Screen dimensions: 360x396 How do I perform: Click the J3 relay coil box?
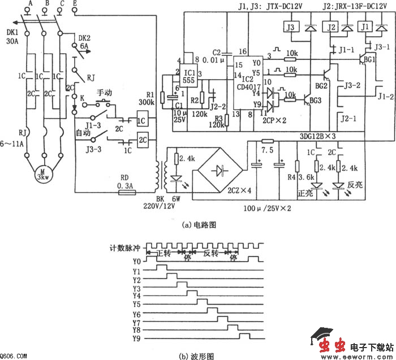tap(290, 27)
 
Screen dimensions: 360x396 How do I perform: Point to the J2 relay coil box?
tap(332, 27)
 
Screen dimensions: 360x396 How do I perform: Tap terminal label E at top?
tap(76, 3)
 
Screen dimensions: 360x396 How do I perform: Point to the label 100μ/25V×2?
tap(268, 209)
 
